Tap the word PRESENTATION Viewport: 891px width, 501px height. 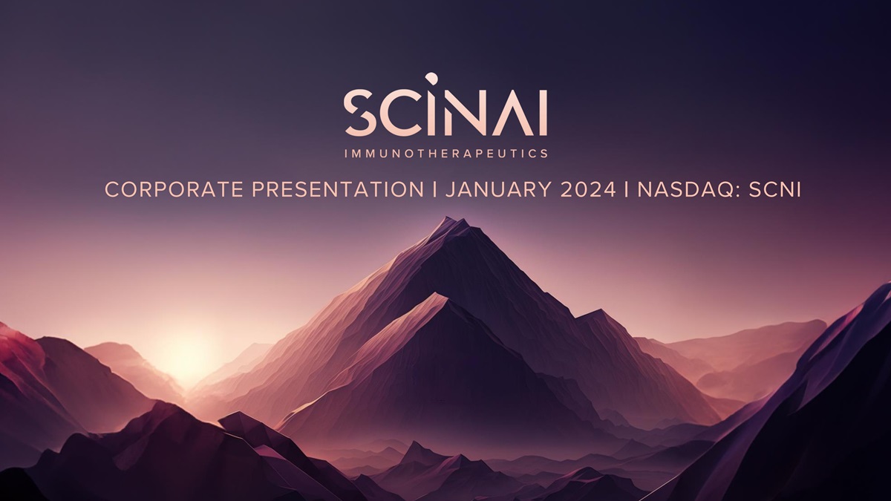point(338,190)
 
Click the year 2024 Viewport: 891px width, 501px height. point(588,190)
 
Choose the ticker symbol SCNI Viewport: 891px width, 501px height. point(775,190)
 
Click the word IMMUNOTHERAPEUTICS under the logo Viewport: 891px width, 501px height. point(446,154)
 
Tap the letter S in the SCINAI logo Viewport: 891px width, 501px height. point(360,113)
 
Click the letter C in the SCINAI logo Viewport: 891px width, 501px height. point(402,113)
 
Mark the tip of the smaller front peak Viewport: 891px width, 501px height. point(437,293)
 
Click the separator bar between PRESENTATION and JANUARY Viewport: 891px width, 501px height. point(434,190)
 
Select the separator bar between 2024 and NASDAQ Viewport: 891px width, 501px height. point(627,190)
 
